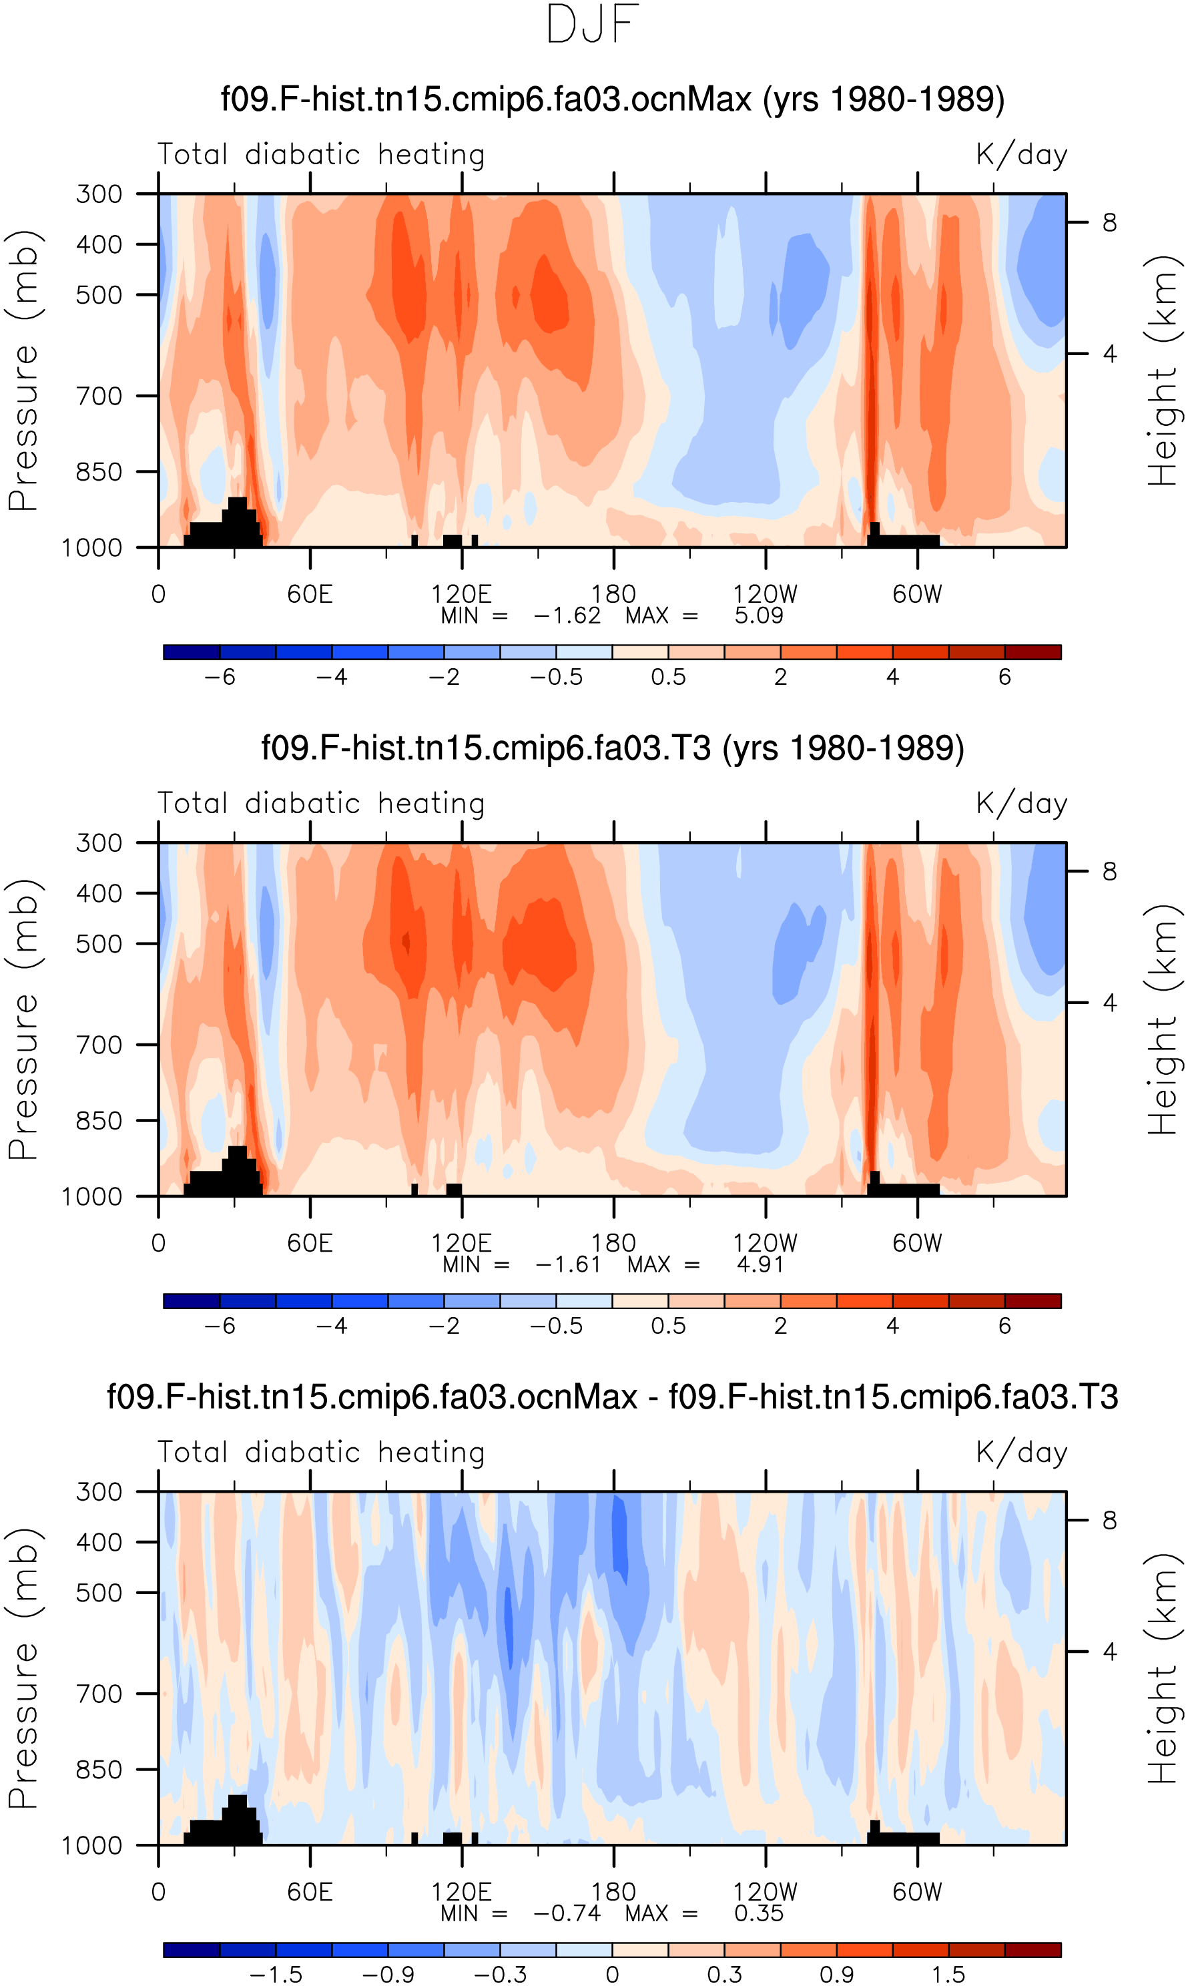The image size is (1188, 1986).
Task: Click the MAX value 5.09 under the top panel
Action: tap(758, 615)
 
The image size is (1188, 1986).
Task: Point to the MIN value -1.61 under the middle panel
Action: tap(567, 1265)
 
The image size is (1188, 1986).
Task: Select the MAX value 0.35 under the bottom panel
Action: tap(758, 1914)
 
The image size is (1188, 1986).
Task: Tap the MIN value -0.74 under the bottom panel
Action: tap(567, 1914)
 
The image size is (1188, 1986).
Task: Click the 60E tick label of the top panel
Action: tap(310, 594)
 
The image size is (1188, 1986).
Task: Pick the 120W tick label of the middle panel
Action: tap(766, 1243)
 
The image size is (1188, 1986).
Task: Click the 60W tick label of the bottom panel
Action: tap(918, 1893)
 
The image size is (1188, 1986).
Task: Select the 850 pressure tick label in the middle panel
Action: tap(99, 1121)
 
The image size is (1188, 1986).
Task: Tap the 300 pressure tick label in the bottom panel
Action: tap(99, 1492)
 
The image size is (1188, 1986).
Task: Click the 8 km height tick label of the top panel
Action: tap(1109, 222)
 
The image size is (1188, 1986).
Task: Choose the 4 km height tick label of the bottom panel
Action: tap(1109, 1652)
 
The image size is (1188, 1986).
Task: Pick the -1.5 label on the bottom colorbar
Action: tap(276, 1975)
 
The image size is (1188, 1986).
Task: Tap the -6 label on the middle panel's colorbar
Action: tap(220, 1326)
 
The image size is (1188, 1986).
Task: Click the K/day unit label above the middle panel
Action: tap(1022, 804)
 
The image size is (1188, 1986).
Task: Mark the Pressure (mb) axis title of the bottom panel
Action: tap(24, 1669)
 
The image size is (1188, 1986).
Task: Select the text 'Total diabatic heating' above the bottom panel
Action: tap(321, 1453)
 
